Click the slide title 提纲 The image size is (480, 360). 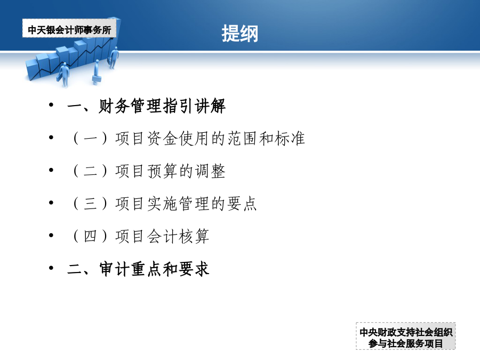click(x=239, y=34)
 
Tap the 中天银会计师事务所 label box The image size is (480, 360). click(x=69, y=28)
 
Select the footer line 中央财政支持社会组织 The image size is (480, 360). click(x=406, y=332)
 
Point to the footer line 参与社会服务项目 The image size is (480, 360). click(x=406, y=343)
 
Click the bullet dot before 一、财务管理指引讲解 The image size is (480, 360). click(x=51, y=105)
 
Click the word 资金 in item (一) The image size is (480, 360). click(x=162, y=138)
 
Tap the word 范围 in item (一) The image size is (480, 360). click(x=242, y=138)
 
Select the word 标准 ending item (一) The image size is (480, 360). click(x=289, y=138)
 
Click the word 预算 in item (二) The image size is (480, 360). click(x=162, y=171)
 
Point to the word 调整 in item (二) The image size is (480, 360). click(x=210, y=171)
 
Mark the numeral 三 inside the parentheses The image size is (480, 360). click(x=90, y=204)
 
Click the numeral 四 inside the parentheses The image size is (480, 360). click(x=90, y=236)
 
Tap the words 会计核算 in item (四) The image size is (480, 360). click(x=178, y=236)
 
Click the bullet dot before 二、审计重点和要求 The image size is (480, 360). click(x=51, y=268)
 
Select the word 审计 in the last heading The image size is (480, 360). click(x=115, y=269)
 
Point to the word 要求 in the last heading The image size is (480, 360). click(x=194, y=269)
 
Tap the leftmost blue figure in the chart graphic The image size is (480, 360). click(x=65, y=74)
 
